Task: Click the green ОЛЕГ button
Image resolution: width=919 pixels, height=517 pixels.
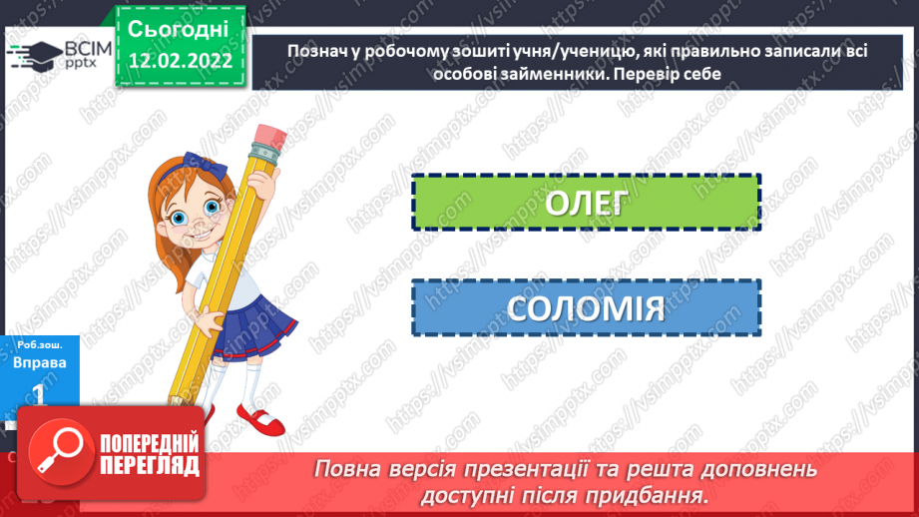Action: coord(586,204)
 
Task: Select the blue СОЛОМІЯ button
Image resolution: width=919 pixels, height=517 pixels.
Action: coord(586,307)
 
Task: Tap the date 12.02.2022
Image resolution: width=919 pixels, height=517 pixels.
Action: coord(180,60)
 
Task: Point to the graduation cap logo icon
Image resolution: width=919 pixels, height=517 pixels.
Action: coord(33,54)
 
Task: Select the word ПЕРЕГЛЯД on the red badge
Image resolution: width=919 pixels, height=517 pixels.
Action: coord(150,466)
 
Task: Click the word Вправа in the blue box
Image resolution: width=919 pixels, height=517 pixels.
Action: coord(42,362)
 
